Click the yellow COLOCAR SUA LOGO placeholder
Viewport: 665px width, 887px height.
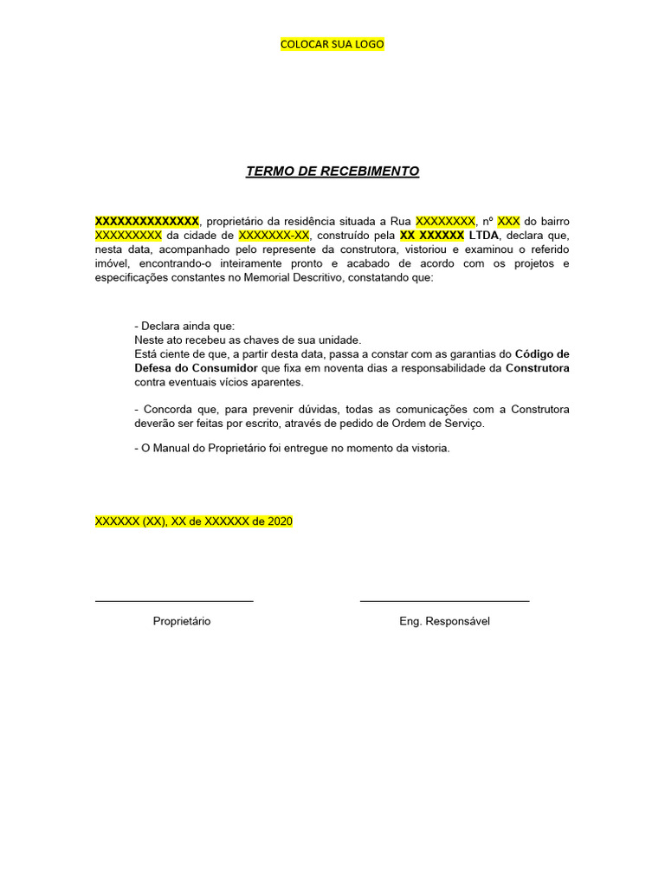(332, 44)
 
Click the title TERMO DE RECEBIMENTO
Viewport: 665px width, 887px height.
(332, 172)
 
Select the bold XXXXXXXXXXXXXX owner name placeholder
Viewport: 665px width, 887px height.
(147, 221)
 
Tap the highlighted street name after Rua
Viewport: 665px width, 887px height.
(445, 221)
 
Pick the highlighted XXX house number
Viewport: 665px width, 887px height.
(508, 221)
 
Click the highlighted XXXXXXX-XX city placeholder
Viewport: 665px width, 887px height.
(274, 235)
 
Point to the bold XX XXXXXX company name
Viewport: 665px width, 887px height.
(432, 235)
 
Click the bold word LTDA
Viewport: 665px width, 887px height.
(483, 235)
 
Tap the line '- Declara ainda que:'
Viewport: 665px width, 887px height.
(184, 326)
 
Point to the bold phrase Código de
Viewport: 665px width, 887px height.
(542, 353)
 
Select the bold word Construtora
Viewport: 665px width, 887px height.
(537, 367)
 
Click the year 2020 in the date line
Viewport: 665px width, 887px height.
(280, 521)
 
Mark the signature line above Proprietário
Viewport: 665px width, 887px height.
(174, 600)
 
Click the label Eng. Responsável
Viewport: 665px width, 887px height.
(444, 621)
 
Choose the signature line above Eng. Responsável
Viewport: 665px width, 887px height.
(444, 600)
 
